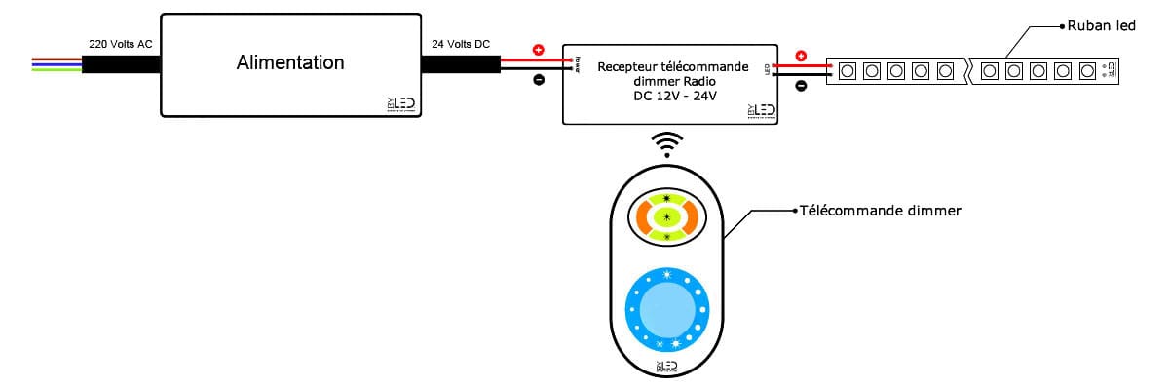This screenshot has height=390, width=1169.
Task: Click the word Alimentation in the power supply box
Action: click(x=290, y=63)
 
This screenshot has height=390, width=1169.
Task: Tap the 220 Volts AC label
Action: click(x=119, y=45)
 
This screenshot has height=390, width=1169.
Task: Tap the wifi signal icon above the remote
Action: click(x=667, y=143)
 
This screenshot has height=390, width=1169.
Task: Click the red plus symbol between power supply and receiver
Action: click(x=539, y=50)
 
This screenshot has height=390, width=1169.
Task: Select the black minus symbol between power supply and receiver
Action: click(x=539, y=81)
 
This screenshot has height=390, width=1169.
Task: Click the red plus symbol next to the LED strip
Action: click(x=801, y=56)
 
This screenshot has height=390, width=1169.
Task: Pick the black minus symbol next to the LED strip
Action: click(x=801, y=86)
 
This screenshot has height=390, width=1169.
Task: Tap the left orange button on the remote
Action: click(x=640, y=215)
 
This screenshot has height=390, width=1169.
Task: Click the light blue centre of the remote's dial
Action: click(x=666, y=313)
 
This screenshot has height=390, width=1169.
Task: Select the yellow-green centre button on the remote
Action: click(x=667, y=215)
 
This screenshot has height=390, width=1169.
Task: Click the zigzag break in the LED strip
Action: click(x=966, y=70)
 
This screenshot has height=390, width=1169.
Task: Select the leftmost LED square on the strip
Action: click(x=848, y=70)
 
